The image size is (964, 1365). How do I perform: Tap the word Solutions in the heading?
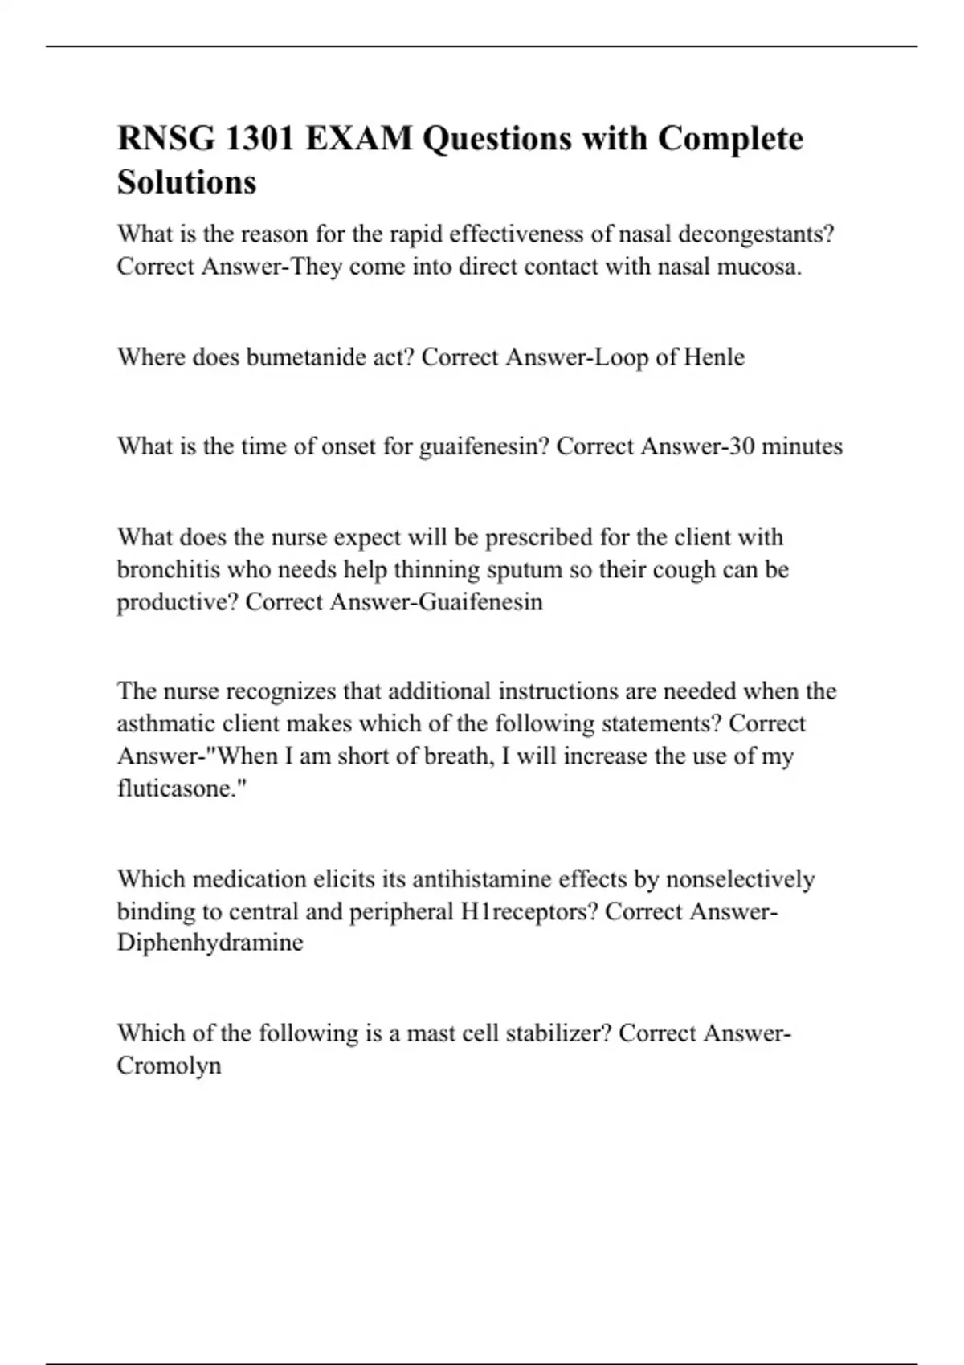pyautogui.click(x=186, y=182)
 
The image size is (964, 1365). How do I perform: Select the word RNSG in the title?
pyautogui.click(x=165, y=139)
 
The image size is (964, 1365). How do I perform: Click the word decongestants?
pyautogui.click(x=756, y=234)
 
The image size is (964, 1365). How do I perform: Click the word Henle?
pyautogui.click(x=713, y=357)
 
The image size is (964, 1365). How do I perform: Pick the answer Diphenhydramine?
pyautogui.click(x=210, y=943)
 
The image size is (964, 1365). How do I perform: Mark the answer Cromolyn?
pyautogui.click(x=169, y=1066)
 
